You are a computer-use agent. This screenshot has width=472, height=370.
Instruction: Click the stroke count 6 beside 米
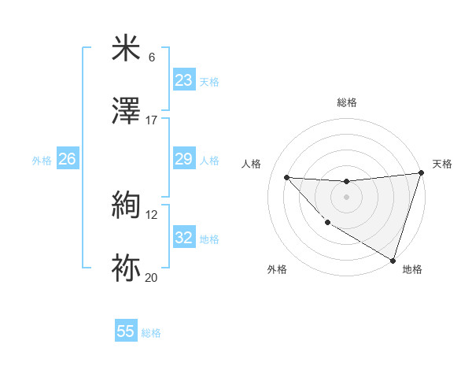[x=152, y=57]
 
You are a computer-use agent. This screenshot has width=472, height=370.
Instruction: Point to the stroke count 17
[x=152, y=120]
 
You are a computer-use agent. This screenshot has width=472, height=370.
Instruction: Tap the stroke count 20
[x=152, y=278]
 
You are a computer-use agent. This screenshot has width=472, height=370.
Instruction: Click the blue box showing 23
[x=184, y=80]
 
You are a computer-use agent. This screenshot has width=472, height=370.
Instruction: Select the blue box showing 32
[x=184, y=239]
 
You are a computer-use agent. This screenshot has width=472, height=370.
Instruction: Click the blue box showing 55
[x=126, y=332]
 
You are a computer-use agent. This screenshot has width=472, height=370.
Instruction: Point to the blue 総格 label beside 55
[x=152, y=333]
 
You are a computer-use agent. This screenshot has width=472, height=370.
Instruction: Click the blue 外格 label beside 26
[x=42, y=161]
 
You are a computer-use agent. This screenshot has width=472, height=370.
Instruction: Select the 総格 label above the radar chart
[x=346, y=102]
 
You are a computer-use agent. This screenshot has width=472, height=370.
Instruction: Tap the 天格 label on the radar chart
[x=442, y=164]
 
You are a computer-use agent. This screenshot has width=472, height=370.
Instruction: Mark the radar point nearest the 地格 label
[x=393, y=260]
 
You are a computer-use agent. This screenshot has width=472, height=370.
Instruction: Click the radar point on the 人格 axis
[x=287, y=177]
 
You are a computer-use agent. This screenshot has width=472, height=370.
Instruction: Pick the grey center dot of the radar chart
[x=346, y=197]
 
